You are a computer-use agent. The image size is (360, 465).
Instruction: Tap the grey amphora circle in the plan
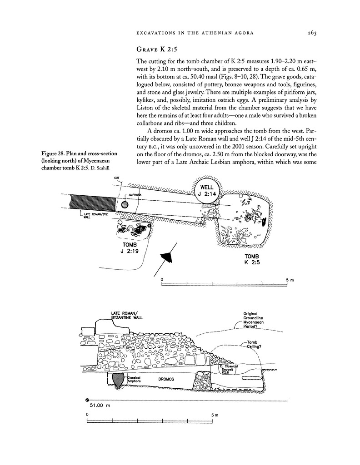coord(125,205)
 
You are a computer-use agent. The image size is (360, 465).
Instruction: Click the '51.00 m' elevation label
coord(100,405)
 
